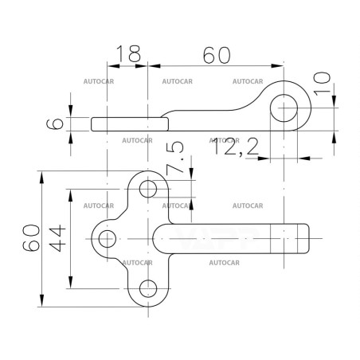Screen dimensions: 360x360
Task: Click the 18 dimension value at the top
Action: click(x=128, y=53)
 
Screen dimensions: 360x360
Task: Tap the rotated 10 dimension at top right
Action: click(x=322, y=84)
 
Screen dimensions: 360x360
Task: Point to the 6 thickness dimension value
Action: click(x=55, y=124)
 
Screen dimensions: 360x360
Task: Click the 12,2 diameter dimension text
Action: click(x=236, y=147)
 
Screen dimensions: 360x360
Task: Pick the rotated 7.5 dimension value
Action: click(x=175, y=157)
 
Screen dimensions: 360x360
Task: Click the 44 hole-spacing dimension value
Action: click(x=57, y=238)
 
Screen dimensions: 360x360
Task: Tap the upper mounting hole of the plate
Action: click(x=148, y=189)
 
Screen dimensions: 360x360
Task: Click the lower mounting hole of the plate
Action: click(x=148, y=288)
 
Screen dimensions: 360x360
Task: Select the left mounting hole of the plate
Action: click(x=108, y=239)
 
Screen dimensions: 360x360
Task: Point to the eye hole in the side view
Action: click(x=284, y=108)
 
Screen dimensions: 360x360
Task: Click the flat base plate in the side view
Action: click(x=130, y=124)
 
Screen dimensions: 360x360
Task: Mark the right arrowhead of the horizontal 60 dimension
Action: click(x=277, y=66)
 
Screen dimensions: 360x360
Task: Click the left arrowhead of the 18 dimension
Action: click(x=114, y=66)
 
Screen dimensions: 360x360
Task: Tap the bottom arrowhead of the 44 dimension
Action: click(x=70, y=282)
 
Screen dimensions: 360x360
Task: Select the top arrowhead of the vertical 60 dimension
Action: click(x=41, y=178)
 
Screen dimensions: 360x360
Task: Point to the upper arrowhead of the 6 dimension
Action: click(x=70, y=111)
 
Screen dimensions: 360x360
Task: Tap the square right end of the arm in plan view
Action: click(x=308, y=239)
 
